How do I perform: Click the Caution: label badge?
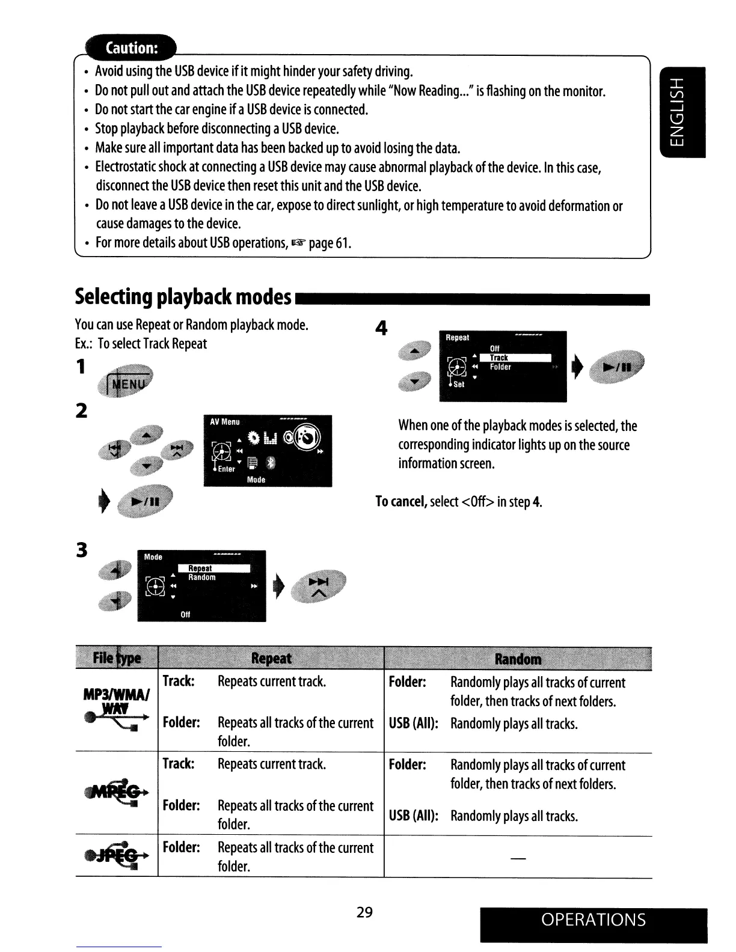130,48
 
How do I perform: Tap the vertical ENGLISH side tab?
682,114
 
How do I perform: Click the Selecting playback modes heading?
183,296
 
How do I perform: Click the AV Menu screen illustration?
268,451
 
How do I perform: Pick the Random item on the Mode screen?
202,578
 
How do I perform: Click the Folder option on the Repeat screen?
500,367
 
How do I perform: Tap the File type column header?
117,659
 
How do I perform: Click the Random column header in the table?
517,659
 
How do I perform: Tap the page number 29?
364,912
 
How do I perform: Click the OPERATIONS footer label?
593,920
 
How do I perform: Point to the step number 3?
82,549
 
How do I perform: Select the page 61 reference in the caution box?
330,243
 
